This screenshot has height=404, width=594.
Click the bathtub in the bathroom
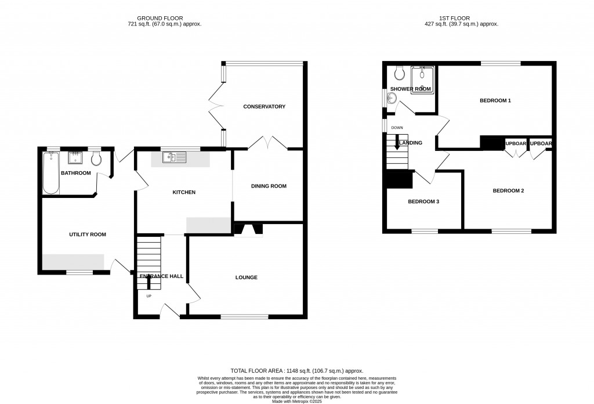click(50, 172)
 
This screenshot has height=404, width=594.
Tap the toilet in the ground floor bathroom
click(96, 160)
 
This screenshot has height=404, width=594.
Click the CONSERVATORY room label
click(264, 106)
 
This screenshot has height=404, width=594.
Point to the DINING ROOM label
click(269, 186)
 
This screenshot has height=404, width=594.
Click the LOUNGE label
click(247, 277)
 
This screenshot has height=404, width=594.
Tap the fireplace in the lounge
click(248, 230)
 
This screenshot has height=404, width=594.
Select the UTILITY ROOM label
click(88, 235)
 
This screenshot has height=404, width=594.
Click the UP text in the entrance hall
click(148, 296)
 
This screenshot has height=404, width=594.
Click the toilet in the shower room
click(399, 73)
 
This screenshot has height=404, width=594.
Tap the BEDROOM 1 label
click(495, 100)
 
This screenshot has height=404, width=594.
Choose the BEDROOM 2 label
click(508, 190)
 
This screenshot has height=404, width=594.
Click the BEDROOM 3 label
click(423, 201)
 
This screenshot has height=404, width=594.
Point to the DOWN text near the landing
click(397, 128)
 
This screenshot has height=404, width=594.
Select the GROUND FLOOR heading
click(164, 18)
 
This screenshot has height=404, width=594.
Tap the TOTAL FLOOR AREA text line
click(296, 370)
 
